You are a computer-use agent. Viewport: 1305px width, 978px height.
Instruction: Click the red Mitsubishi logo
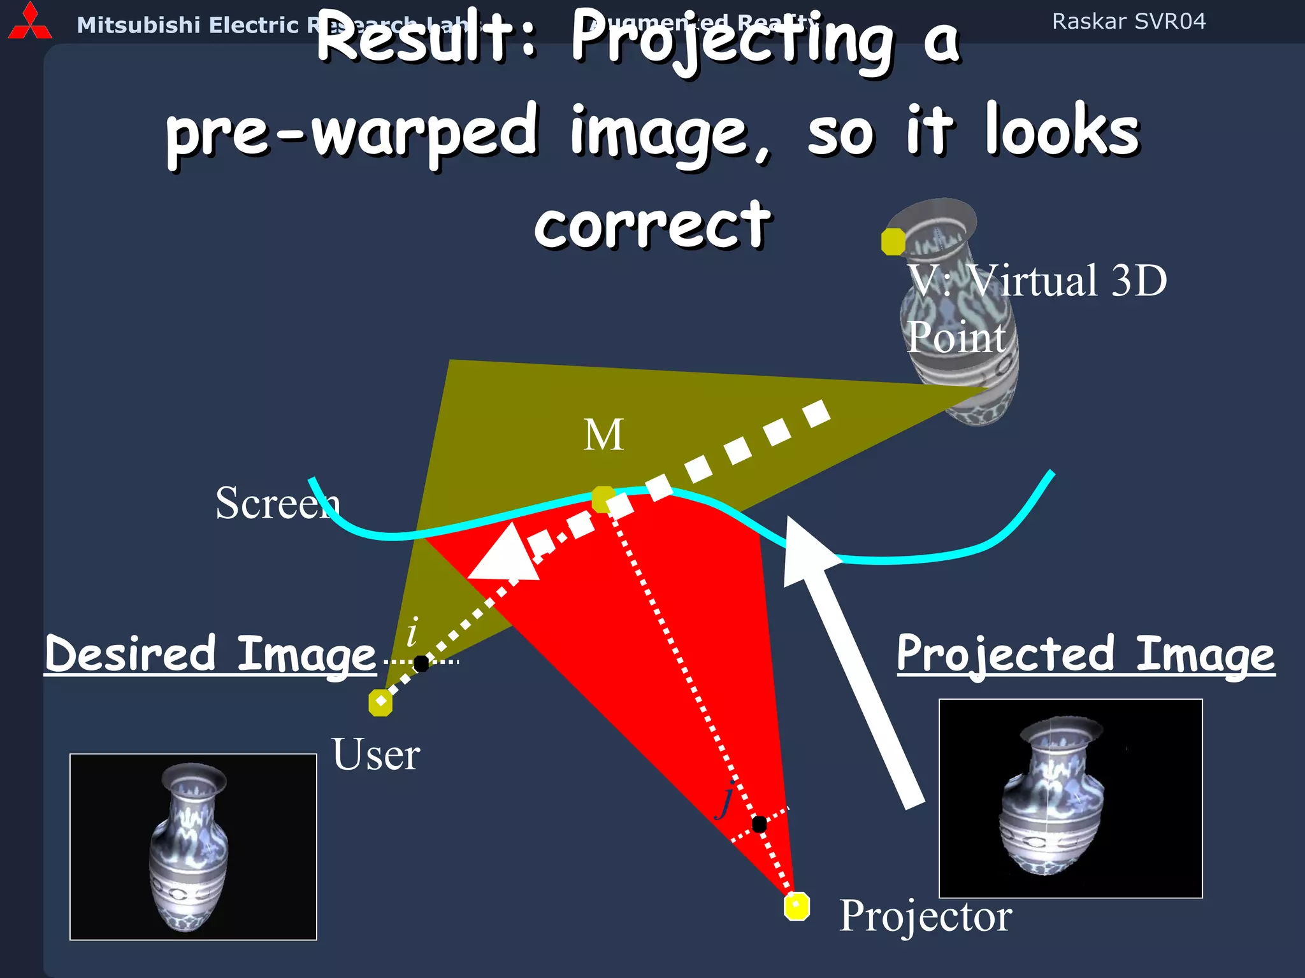[29, 23]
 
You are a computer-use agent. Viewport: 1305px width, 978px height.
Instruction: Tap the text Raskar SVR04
[1128, 22]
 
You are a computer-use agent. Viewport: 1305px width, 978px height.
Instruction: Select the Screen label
[277, 503]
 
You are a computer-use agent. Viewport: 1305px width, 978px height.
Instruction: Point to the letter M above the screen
[603, 436]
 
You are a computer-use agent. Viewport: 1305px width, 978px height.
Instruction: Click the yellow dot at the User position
[380, 703]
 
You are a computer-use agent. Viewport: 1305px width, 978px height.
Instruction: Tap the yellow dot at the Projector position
[797, 906]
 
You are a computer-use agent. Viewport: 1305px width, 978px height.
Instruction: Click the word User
[375, 755]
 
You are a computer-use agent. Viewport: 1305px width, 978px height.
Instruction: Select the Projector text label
[925, 916]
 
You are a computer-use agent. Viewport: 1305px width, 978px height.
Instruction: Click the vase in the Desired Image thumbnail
[189, 847]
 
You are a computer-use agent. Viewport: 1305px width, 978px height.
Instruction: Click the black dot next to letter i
[421, 663]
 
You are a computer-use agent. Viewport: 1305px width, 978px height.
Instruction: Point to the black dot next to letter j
[759, 824]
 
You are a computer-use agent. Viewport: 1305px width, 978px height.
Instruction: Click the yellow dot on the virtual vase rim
[893, 242]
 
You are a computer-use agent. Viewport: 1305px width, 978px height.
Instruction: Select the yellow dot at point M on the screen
[603, 499]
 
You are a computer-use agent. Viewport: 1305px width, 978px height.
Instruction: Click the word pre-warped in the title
[352, 132]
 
